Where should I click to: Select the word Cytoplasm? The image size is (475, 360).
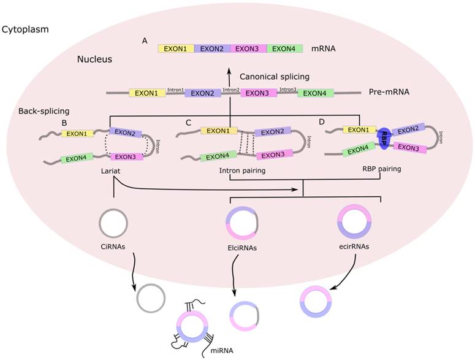click(x=25, y=29)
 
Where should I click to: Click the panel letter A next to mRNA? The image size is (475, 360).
click(x=145, y=40)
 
